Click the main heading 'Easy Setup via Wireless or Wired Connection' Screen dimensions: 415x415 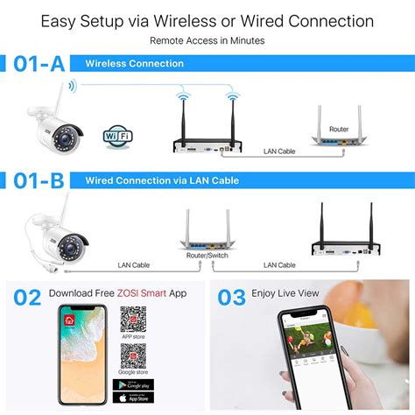[207, 20]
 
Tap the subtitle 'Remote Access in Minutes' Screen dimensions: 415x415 [207, 40]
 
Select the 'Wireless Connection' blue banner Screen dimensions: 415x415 [134, 64]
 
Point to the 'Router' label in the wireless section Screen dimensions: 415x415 [339, 130]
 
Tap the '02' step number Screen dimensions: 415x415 [27, 298]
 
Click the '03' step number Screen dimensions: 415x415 [231, 298]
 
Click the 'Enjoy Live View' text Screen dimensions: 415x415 [285, 292]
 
